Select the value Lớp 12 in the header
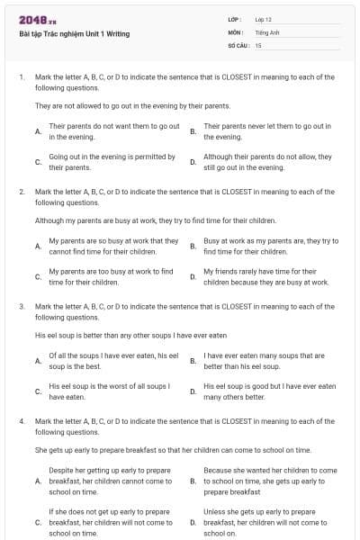click(263, 19)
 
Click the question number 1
click(21, 77)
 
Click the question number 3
click(21, 306)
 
